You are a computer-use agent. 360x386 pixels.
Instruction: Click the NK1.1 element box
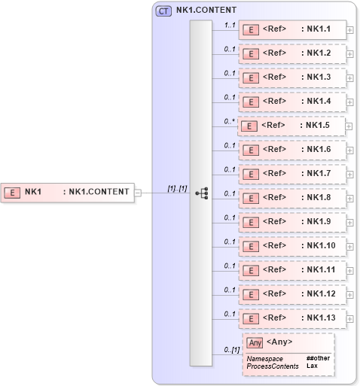click(292, 30)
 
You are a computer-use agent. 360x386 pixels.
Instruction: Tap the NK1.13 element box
click(292, 318)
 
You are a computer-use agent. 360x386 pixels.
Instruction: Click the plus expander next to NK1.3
click(350, 78)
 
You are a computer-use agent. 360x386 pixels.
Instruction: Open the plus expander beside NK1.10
click(350, 246)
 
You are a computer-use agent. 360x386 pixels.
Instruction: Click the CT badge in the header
click(163, 11)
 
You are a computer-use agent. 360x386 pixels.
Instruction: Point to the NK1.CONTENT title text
click(206, 11)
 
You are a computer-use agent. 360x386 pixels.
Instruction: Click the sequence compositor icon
click(201, 193)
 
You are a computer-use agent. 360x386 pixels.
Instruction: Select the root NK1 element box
click(67, 192)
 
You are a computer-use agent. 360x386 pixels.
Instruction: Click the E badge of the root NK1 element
click(13, 192)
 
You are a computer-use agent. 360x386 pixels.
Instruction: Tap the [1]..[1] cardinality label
click(178, 188)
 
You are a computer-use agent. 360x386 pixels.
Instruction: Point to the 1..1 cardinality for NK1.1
click(230, 25)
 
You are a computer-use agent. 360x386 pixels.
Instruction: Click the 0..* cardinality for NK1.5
click(230, 120)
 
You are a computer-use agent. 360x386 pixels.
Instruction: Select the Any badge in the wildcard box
click(255, 342)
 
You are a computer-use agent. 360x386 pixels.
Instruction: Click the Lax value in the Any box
click(311, 366)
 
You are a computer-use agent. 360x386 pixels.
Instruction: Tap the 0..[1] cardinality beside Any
click(231, 351)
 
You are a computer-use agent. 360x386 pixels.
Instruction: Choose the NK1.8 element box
click(292, 198)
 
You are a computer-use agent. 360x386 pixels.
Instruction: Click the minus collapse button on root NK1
click(138, 193)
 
